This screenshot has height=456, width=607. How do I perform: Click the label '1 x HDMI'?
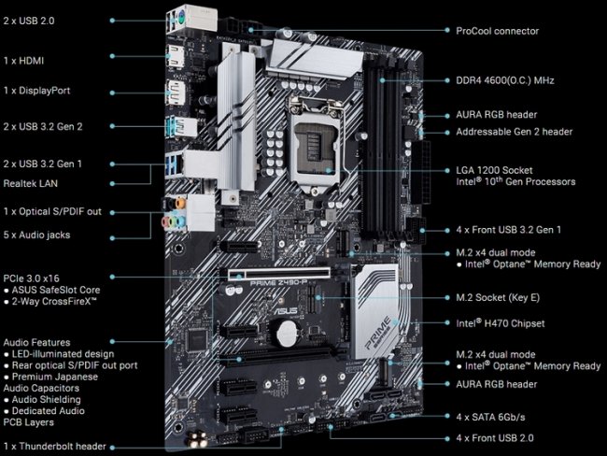[23, 61]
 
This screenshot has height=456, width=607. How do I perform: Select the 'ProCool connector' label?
[497, 31]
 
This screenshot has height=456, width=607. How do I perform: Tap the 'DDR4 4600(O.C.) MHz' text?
[505, 80]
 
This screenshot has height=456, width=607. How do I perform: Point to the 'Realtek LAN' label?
[31, 184]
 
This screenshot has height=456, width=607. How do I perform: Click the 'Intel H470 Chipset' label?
[501, 323]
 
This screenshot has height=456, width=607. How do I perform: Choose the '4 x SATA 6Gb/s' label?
[490, 418]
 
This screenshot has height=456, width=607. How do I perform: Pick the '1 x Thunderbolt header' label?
[54, 447]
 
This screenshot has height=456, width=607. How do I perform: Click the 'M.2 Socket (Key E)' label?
[498, 297]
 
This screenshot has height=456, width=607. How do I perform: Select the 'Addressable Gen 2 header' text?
[515, 132]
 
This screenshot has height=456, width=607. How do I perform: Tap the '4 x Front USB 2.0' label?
[495, 438]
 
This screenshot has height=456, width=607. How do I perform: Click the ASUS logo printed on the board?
[286, 310]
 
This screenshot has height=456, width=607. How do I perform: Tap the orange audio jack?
[180, 203]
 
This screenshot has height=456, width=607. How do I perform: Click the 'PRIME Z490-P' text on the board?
[278, 283]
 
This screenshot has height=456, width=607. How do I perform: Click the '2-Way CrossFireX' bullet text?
[54, 302]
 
